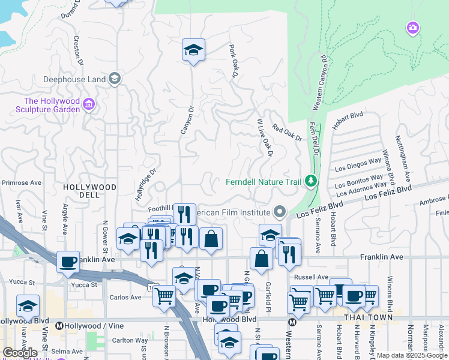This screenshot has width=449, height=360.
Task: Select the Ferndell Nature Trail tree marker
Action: pos(310,181)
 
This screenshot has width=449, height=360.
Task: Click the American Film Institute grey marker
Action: pos(279,212)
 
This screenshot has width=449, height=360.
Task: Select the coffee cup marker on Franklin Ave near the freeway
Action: pos(68,261)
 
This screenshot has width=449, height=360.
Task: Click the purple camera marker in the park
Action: pos(412,28)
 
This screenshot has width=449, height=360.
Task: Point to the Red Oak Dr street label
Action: pos(286,133)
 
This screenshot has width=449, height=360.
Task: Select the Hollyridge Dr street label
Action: pos(145,183)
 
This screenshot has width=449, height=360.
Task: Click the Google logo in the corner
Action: pos(20,353)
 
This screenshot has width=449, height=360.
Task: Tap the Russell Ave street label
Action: pos(312,277)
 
